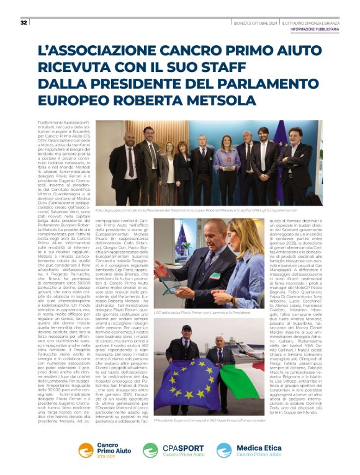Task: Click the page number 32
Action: click(24, 23)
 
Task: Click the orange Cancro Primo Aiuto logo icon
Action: click(88, 450)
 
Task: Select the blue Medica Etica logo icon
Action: click(224, 450)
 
